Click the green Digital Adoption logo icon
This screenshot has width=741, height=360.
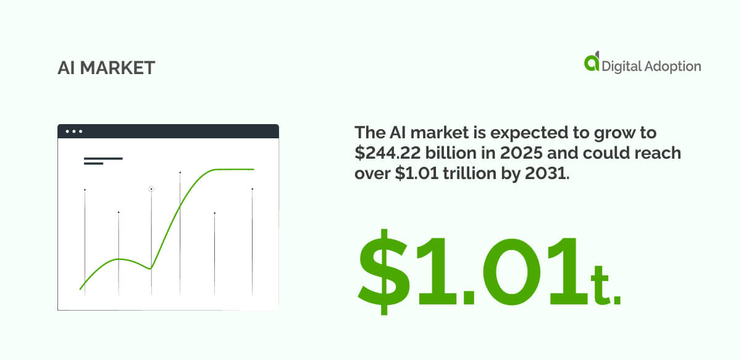pos(592,62)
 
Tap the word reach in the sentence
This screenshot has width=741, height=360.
pos(659,153)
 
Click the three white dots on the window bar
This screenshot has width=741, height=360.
pos(73,132)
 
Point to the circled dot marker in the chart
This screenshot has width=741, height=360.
pos(151,189)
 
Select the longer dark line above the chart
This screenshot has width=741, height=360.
pos(103,159)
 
